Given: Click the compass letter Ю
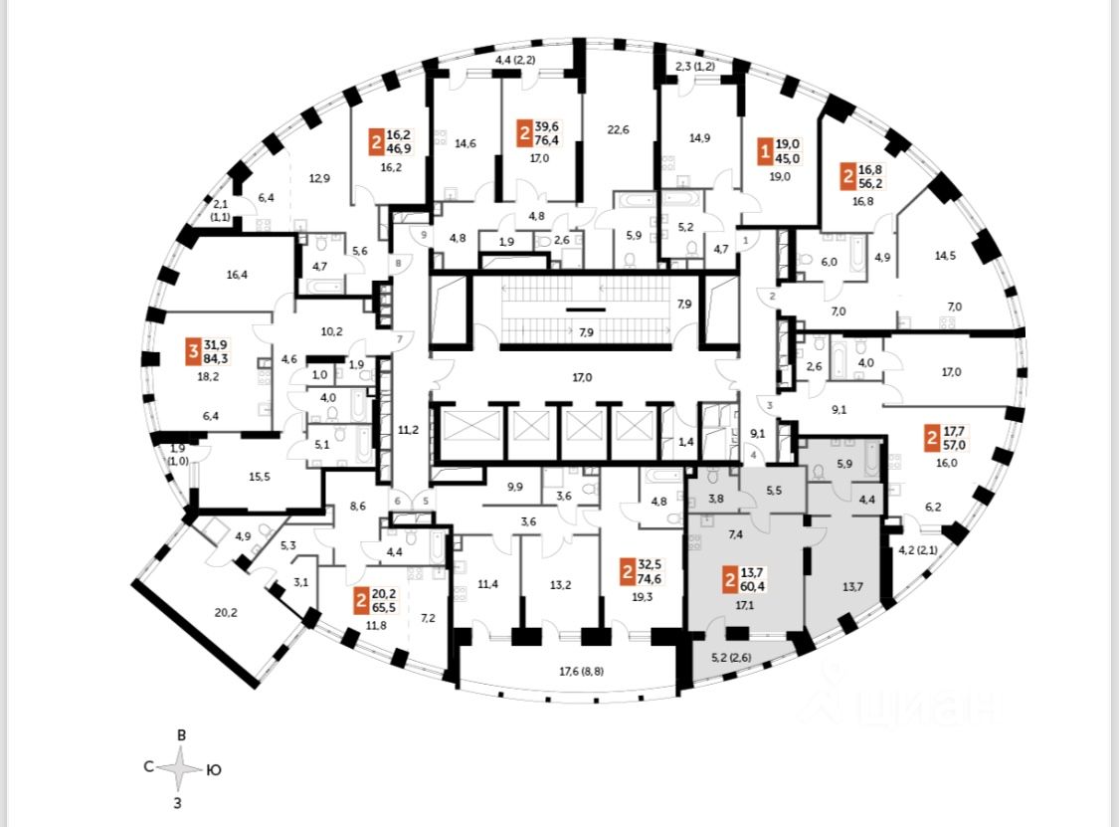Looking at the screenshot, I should (213, 769).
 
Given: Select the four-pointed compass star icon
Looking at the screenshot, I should (180, 768).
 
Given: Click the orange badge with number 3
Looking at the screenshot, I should (192, 349).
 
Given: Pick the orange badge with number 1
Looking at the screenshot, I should (765, 150).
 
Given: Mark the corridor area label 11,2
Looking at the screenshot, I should (407, 430).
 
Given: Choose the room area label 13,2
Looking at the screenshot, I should (561, 584).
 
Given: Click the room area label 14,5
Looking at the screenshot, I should (944, 256).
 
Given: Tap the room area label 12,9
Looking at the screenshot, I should (319, 179).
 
